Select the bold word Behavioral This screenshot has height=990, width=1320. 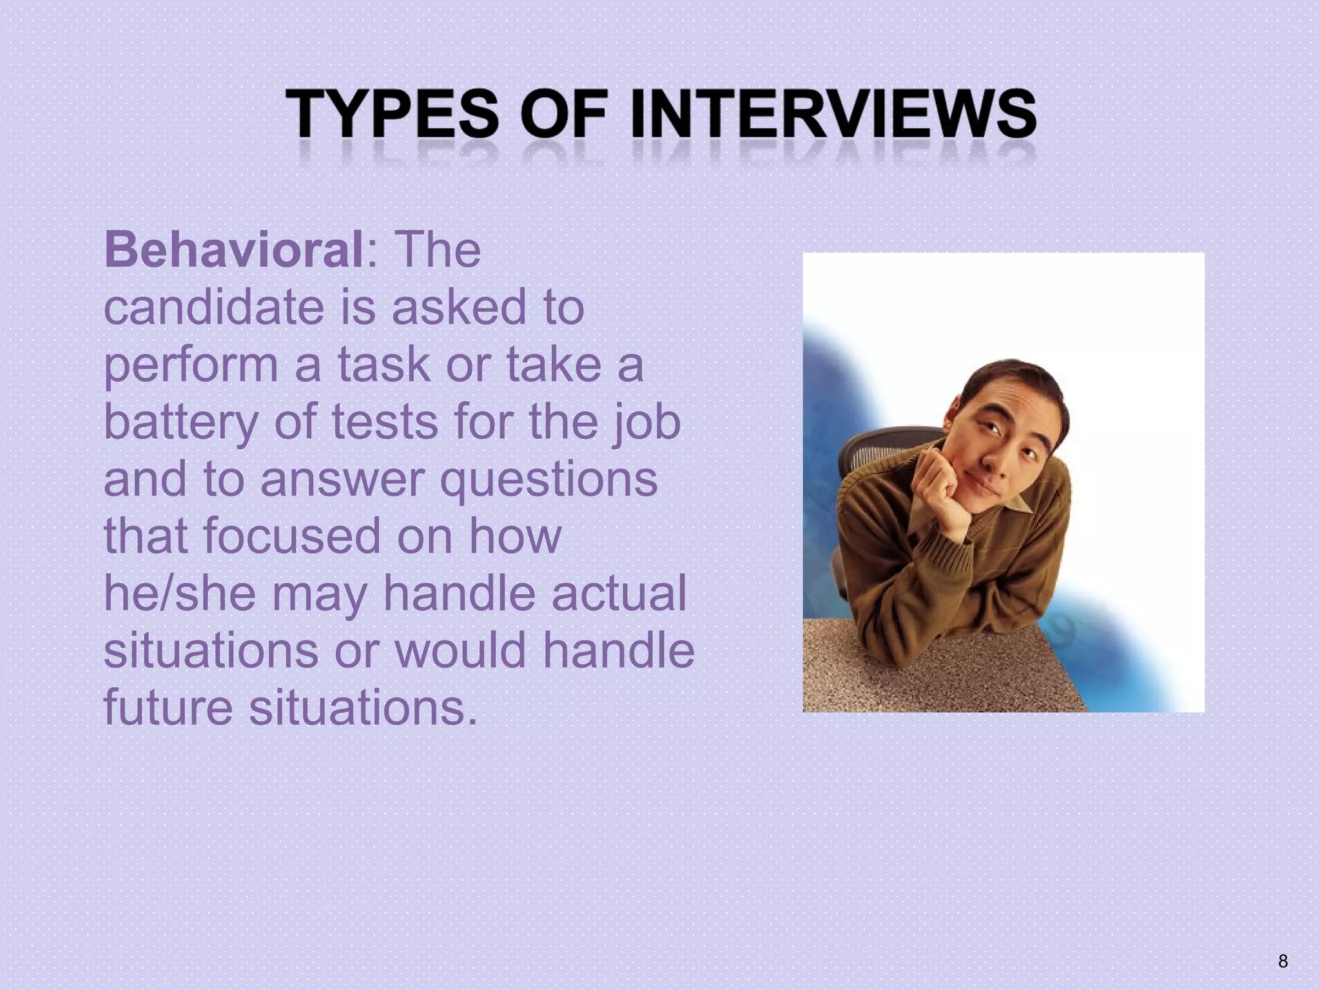[234, 249]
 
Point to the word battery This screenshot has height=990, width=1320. [180, 422]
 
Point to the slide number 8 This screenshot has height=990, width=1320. [1283, 962]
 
